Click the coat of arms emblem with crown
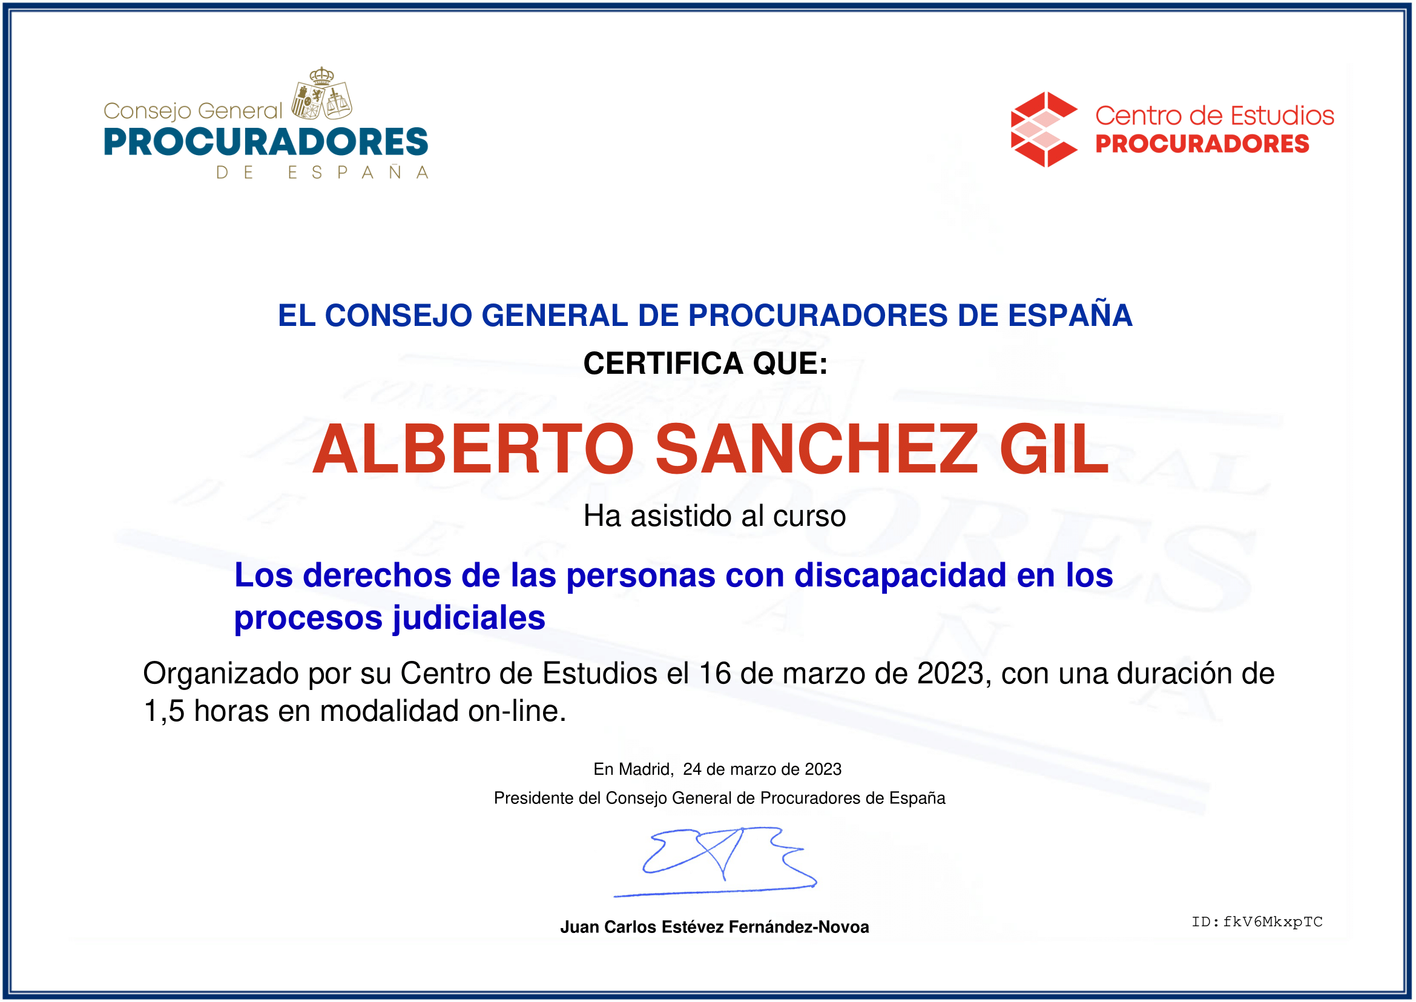(321, 94)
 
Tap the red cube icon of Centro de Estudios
(1044, 130)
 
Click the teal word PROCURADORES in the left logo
(266, 142)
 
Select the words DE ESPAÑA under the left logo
(322, 173)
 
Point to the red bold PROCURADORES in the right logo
(1202, 144)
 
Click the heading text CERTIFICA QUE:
(705, 363)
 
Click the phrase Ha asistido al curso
(715, 516)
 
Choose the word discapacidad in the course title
(901, 576)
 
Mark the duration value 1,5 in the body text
(164, 711)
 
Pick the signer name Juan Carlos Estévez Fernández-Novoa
(714, 927)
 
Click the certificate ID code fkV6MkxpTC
(1273, 923)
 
